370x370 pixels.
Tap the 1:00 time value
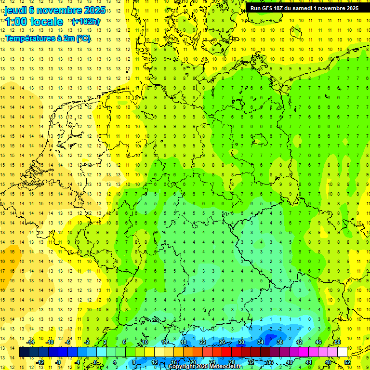(x=15, y=22)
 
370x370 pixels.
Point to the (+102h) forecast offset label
(x=85, y=21)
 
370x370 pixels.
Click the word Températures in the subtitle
(x=29, y=38)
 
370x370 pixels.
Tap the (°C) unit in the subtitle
(x=83, y=38)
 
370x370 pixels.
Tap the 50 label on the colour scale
(x=338, y=343)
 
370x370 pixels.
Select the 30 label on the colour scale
(x=241, y=343)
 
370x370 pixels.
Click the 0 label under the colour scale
(x=96, y=362)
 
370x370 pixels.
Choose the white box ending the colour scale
(x=342, y=352)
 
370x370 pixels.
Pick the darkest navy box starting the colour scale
(x=24, y=352)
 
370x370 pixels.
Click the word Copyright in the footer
(x=182, y=367)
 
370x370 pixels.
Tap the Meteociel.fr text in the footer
(x=226, y=367)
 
